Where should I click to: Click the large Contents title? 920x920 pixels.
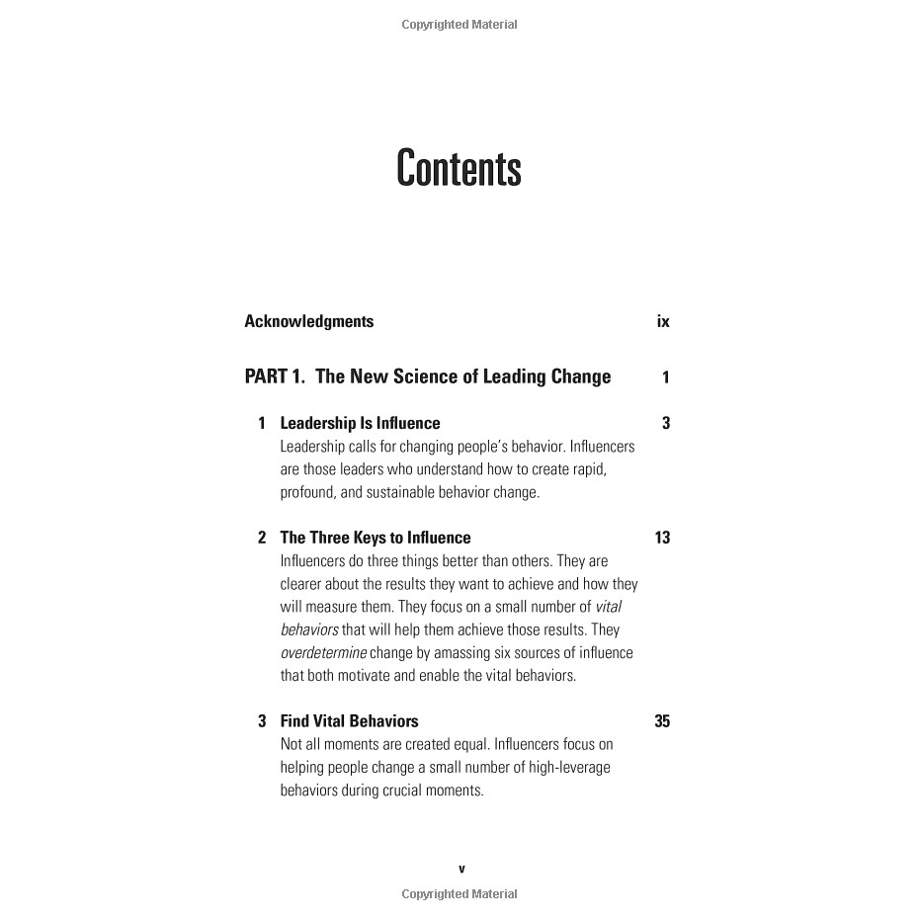coord(459,169)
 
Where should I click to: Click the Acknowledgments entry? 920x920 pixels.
coord(309,321)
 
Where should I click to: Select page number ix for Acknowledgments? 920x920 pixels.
coord(663,321)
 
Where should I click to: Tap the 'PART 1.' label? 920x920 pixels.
coord(275,376)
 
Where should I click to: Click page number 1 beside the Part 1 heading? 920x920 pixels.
coord(666,376)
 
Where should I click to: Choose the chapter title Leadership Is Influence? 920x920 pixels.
coord(360,423)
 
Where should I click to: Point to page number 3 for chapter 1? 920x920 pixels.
coord(666,423)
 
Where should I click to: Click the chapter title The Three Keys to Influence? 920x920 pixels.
coord(376,538)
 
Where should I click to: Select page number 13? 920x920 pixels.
coord(662,538)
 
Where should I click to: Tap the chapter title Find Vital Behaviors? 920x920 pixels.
coord(349,721)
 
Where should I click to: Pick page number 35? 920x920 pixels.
coord(662,721)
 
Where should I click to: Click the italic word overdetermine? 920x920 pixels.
coord(323,653)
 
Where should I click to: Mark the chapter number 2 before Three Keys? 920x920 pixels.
coord(262,538)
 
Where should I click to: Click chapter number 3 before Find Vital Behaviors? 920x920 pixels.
coord(262,721)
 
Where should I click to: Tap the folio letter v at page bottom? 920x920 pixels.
coord(461,870)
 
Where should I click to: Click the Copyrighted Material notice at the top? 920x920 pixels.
coord(460,25)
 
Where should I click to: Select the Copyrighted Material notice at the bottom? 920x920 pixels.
coord(460,894)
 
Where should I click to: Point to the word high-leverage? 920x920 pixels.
coord(566,768)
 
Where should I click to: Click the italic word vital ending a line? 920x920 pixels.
coord(609,607)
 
